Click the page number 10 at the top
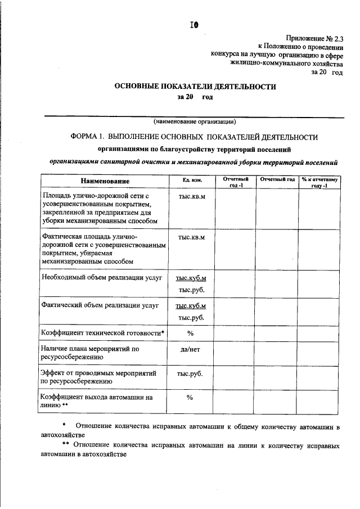pos(194,25)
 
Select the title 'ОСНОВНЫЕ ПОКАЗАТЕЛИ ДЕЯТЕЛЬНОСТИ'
pos(195,87)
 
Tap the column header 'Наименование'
pos(105,181)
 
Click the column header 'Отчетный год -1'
pos(235,182)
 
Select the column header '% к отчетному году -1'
pos(319,182)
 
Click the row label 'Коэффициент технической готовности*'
pos(103,332)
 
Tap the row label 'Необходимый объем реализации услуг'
pos(102,278)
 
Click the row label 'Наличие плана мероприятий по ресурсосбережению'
pos(90,353)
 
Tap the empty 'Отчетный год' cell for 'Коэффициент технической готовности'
pos(277,332)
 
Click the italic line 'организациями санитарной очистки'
pos(193,162)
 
